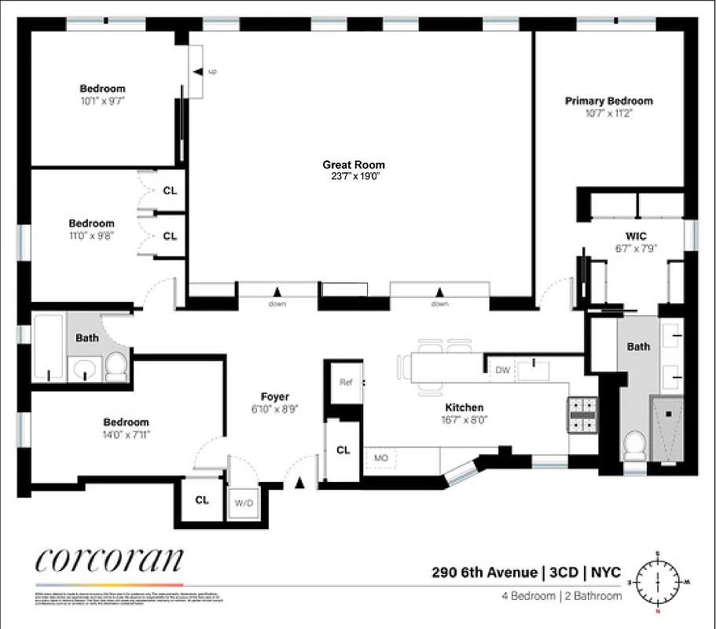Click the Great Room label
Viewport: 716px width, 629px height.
(x=354, y=165)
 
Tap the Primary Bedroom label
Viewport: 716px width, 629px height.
(x=608, y=101)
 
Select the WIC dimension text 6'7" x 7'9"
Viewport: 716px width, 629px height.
(x=636, y=248)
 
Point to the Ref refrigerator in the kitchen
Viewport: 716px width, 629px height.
(x=345, y=382)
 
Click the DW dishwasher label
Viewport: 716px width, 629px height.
(x=501, y=370)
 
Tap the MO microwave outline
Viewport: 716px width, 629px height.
(x=381, y=458)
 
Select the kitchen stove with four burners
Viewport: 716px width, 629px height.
(x=583, y=414)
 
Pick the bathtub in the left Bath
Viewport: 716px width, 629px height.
(x=48, y=346)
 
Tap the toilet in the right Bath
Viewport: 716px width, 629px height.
(x=633, y=449)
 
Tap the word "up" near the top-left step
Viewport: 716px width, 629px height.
(x=212, y=72)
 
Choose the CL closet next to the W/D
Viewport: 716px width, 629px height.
(x=201, y=500)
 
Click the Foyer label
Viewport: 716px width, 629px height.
(x=275, y=397)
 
